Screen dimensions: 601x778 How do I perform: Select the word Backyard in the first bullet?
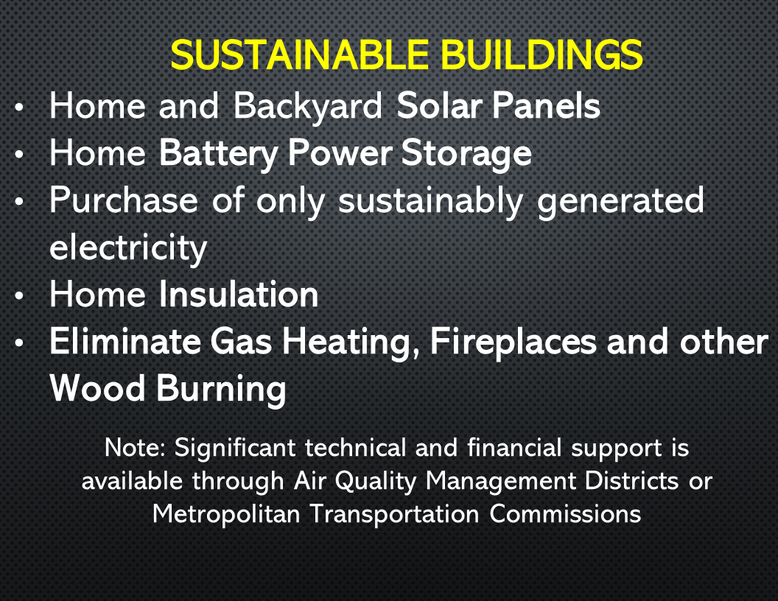pyautogui.click(x=309, y=107)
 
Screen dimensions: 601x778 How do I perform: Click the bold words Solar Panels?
pyautogui.click(x=499, y=106)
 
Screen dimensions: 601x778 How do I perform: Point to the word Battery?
pyautogui.click(x=219, y=153)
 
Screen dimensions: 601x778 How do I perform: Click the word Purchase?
pyautogui.click(x=124, y=201)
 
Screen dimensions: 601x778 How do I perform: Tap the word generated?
pyautogui.click(x=620, y=202)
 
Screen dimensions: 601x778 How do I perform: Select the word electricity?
pyautogui.click(x=128, y=248)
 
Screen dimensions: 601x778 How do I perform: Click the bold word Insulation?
pyautogui.click(x=239, y=295)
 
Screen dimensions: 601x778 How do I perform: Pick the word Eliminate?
pyautogui.click(x=125, y=342)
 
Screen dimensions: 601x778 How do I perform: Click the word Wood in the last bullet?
pyautogui.click(x=99, y=388)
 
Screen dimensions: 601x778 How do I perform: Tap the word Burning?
pyautogui.click(x=220, y=390)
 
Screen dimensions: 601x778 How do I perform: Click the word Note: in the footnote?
pyautogui.click(x=136, y=447)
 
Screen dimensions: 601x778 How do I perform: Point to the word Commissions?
pyautogui.click(x=565, y=513)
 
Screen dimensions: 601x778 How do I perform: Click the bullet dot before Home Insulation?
pyautogui.click(x=21, y=297)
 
